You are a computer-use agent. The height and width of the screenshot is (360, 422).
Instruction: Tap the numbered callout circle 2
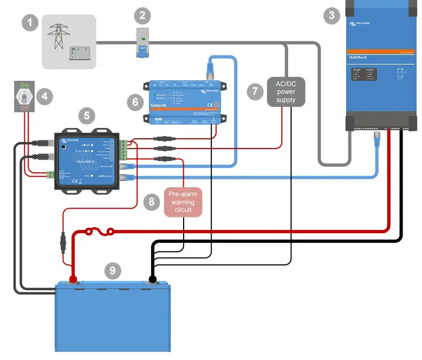click(142, 15)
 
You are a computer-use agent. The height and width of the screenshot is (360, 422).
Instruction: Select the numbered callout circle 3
click(332, 15)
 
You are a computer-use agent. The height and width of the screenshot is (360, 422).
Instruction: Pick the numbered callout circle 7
click(255, 91)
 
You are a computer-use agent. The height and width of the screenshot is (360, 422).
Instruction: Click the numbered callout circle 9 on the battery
click(112, 269)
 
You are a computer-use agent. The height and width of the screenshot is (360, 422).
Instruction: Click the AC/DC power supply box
click(286, 92)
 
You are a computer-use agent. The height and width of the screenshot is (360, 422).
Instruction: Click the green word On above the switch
click(24, 85)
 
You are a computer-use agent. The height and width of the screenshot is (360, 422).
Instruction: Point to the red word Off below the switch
click(24, 109)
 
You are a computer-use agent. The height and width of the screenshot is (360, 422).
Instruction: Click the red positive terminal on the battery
click(73, 280)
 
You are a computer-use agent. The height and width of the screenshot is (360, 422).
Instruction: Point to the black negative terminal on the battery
click(153, 280)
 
